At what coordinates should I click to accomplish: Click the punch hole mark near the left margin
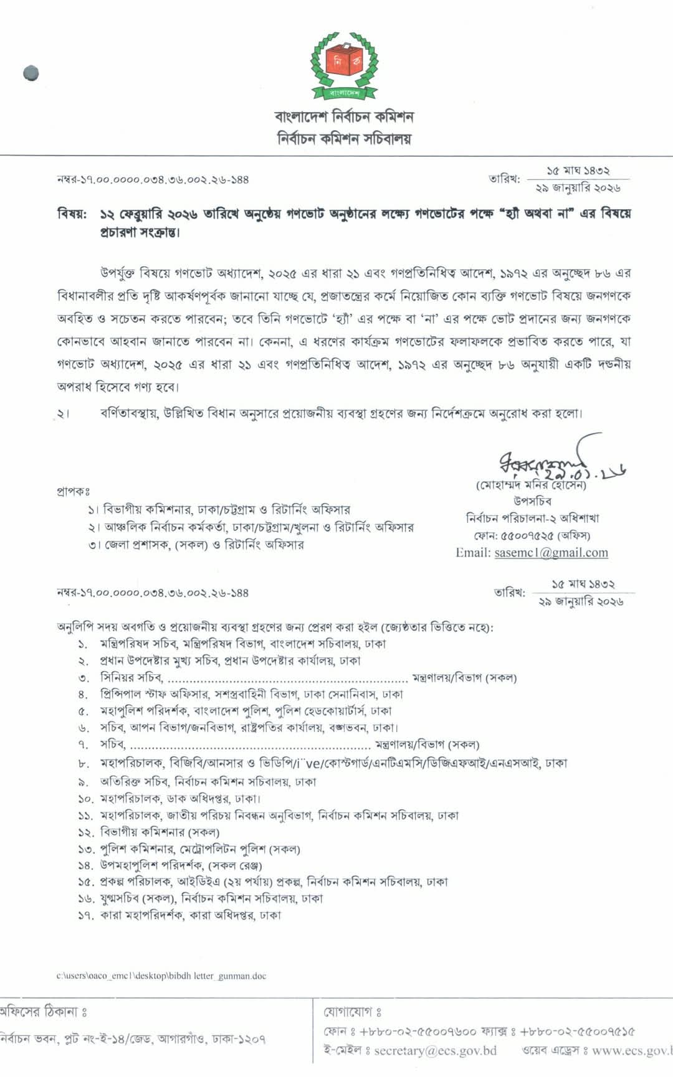(31, 73)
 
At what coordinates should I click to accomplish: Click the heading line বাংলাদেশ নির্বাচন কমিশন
(344, 116)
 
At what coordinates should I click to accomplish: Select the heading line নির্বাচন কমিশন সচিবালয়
(344, 138)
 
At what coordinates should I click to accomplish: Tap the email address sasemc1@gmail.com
(551, 552)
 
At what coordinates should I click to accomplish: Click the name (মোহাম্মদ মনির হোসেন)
(531, 485)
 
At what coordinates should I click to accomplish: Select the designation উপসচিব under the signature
(532, 501)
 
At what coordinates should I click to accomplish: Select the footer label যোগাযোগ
(352, 1012)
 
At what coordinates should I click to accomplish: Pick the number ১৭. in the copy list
(85, 915)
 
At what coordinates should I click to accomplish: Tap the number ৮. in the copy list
(84, 763)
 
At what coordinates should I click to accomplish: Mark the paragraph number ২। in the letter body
(62, 414)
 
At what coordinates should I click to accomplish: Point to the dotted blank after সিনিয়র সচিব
(287, 678)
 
